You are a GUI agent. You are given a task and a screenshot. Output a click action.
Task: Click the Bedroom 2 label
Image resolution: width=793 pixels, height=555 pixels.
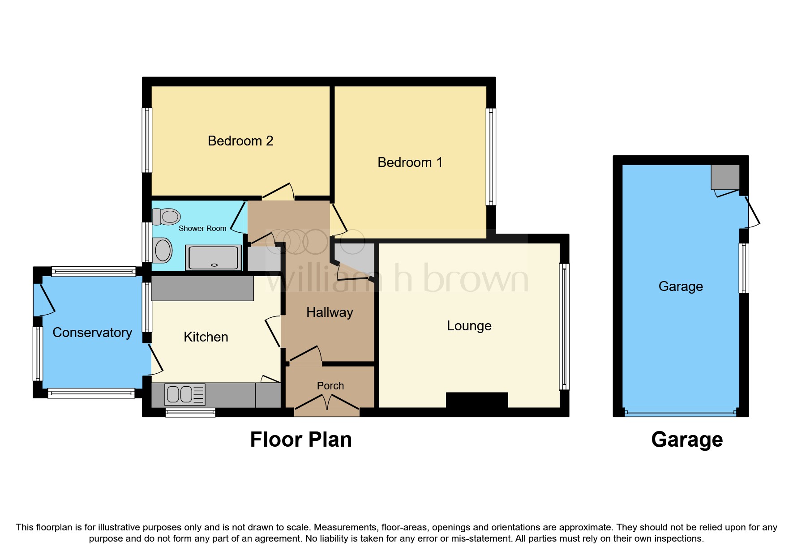click(240, 141)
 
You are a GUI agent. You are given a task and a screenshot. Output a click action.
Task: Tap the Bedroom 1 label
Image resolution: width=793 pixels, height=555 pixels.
click(410, 162)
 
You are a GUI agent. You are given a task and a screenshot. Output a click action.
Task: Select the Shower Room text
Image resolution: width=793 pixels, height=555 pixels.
click(202, 228)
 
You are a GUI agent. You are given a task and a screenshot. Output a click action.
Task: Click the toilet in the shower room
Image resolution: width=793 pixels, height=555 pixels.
click(166, 217)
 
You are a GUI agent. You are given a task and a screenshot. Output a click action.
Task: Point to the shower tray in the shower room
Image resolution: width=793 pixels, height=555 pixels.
click(214, 258)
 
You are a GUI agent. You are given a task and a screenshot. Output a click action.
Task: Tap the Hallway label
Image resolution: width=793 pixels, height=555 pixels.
click(330, 312)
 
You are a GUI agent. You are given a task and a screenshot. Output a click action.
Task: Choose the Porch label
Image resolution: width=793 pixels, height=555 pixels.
click(330, 385)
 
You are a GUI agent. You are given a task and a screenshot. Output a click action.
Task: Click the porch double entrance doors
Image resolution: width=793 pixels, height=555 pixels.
click(327, 403)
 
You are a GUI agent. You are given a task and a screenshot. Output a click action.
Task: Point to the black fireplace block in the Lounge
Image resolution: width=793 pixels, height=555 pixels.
click(477, 400)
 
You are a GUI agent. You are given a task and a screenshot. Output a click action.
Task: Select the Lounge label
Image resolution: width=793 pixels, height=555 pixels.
click(469, 325)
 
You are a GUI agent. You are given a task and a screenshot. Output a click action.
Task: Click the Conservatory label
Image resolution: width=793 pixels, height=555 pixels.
click(92, 333)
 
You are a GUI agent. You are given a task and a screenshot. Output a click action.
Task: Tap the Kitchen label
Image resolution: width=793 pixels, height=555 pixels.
click(206, 337)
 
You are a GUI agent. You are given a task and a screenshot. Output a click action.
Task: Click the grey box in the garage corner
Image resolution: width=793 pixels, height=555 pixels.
click(725, 177)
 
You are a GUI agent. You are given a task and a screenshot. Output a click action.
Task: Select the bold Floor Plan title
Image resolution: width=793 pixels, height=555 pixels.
click(301, 440)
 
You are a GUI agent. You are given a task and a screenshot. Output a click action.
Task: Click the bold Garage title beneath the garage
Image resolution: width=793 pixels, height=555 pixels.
click(687, 440)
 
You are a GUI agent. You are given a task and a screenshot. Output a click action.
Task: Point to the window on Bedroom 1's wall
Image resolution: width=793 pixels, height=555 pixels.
click(491, 157)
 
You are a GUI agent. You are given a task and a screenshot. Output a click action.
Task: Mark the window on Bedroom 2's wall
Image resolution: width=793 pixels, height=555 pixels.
click(147, 140)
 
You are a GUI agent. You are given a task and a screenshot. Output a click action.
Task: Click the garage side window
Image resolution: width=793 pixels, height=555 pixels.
click(744, 268)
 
